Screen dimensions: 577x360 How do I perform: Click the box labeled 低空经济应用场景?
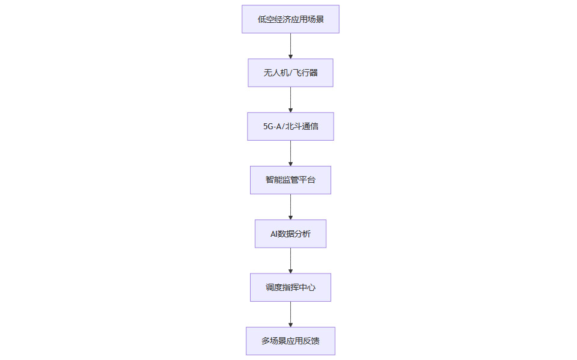[290, 19]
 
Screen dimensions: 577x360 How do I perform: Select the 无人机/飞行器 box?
[290, 73]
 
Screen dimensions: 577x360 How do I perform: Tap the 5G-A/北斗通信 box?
[290, 126]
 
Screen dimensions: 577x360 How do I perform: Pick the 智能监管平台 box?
[290, 180]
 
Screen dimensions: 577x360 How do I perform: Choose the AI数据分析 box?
[290, 234]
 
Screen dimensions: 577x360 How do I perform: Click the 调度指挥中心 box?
[290, 287]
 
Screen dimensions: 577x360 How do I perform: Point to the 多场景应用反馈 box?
[290, 341]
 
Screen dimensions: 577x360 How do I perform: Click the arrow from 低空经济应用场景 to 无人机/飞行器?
[290, 46]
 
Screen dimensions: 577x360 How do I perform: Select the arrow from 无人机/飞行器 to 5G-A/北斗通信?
[290, 100]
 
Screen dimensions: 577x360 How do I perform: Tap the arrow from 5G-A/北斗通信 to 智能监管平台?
[290, 153]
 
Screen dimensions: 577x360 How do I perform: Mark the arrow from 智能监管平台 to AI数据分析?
[290, 207]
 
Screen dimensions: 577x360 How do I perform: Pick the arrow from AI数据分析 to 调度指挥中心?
[290, 261]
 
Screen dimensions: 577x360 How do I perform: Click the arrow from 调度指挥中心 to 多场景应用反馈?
[290, 314]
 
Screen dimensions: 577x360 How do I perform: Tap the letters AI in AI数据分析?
[274, 234]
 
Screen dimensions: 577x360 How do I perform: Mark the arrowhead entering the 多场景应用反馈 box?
[290, 325]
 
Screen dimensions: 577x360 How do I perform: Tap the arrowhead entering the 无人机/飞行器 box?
[290, 56]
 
